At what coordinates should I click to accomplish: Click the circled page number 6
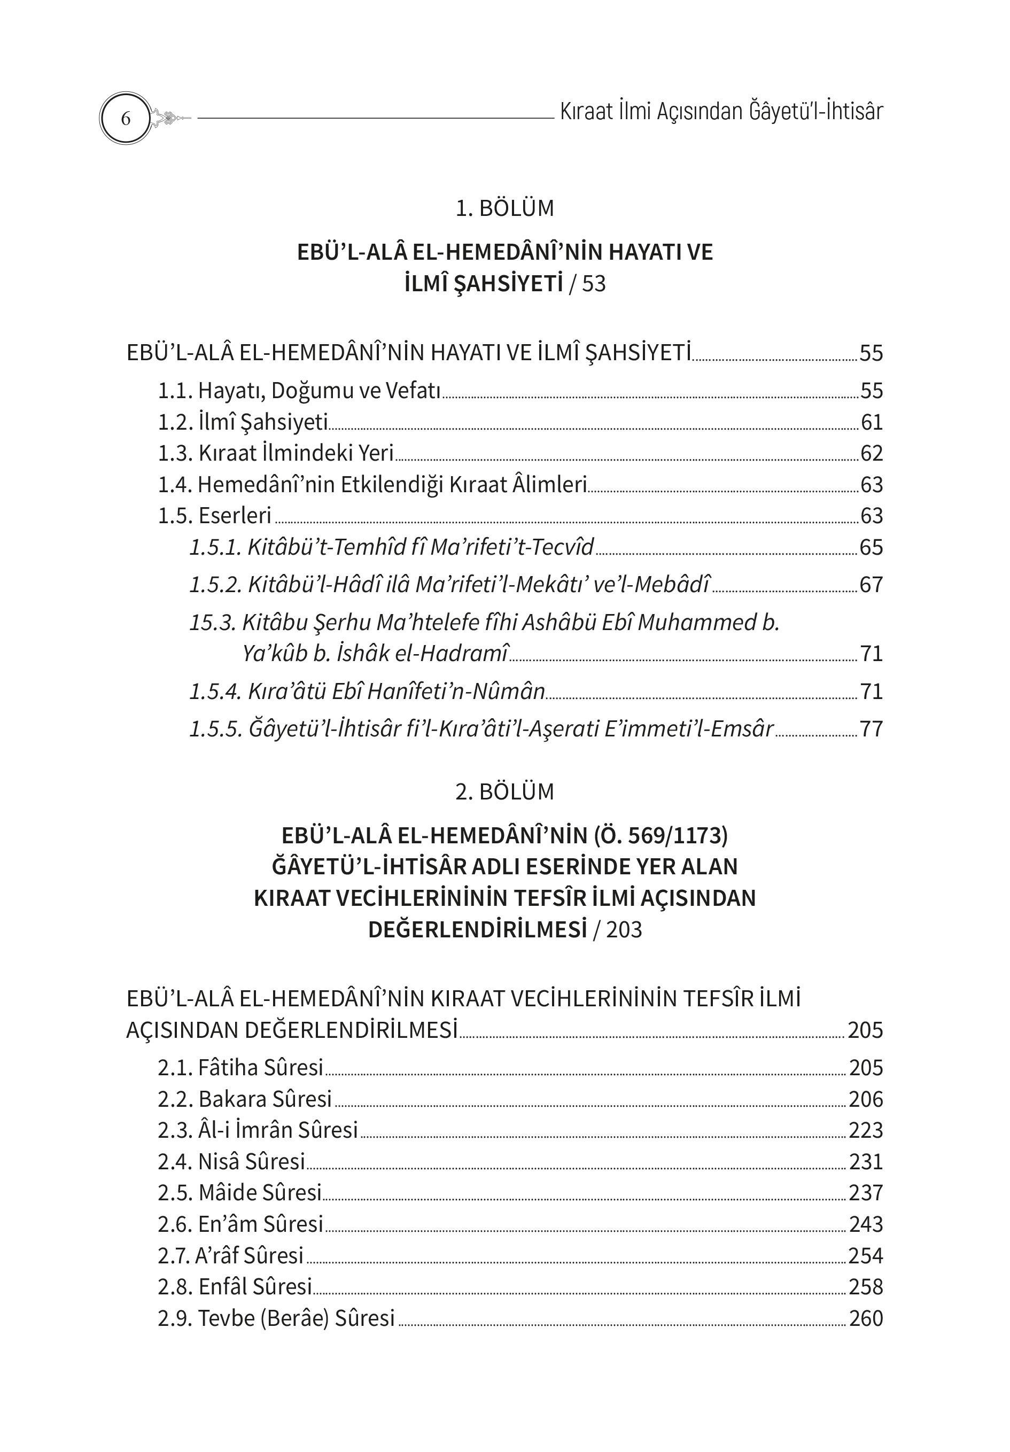pyautogui.click(x=125, y=118)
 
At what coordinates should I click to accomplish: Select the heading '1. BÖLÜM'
pyautogui.click(x=504, y=208)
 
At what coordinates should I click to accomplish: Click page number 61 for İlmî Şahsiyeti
pyautogui.click(x=871, y=422)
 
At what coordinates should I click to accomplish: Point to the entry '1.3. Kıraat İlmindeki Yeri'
pyautogui.click(x=276, y=453)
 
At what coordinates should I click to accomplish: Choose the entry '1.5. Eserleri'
pyautogui.click(x=214, y=515)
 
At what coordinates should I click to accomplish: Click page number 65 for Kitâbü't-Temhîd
pyautogui.click(x=871, y=547)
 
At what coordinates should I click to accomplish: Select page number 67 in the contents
pyautogui.click(x=871, y=584)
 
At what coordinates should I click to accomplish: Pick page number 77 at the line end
pyautogui.click(x=871, y=728)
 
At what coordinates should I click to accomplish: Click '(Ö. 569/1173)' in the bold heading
pyautogui.click(x=661, y=835)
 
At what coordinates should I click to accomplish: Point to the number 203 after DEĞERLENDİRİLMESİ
pyautogui.click(x=624, y=930)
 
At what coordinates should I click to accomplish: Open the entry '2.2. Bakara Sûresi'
pyautogui.click(x=245, y=1099)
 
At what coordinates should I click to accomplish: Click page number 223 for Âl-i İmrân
pyautogui.click(x=866, y=1130)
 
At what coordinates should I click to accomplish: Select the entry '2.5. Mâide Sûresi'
pyautogui.click(x=240, y=1192)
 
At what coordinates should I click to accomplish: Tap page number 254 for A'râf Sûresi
pyautogui.click(x=866, y=1255)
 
